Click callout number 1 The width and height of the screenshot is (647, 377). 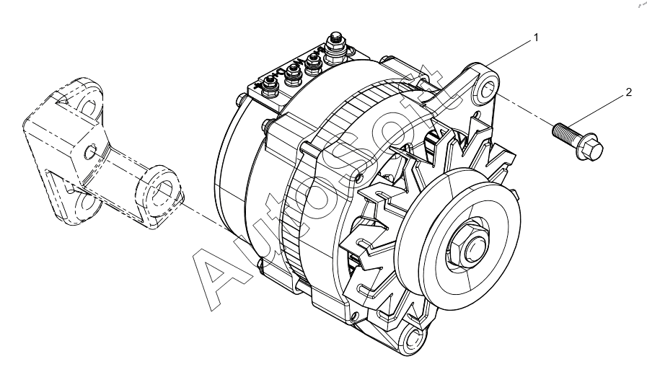(536, 37)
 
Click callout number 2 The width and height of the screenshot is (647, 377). (628, 92)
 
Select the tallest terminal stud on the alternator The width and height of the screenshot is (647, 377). (335, 44)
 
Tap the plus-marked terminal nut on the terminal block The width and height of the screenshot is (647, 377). (270, 85)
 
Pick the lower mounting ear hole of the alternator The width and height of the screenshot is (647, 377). (413, 339)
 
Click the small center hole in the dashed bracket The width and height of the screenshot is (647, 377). (90, 152)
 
